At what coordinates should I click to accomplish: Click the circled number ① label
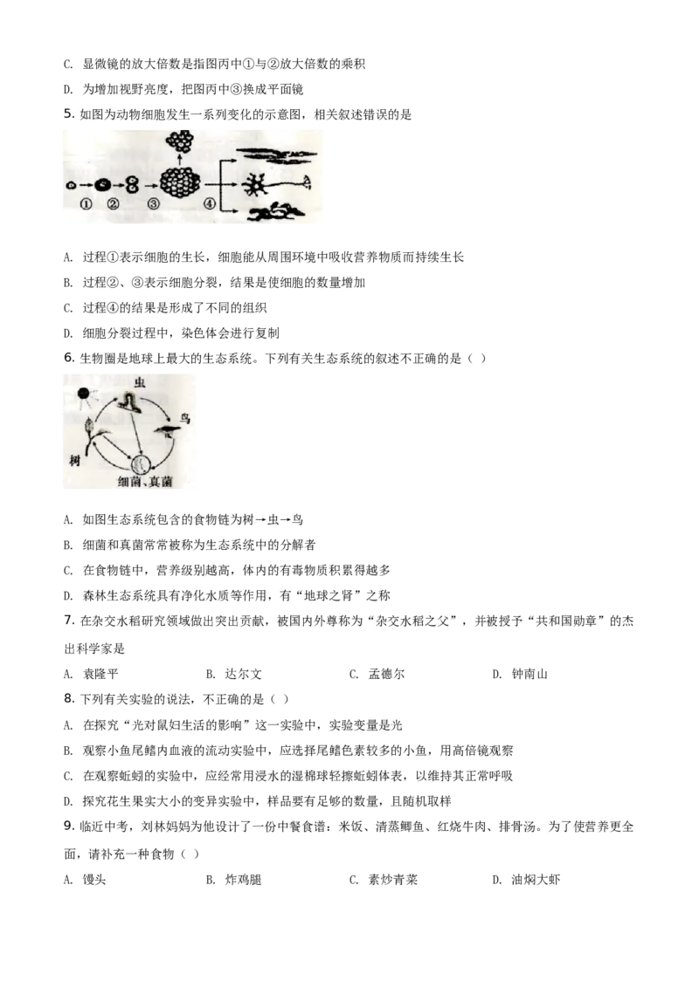coord(85,205)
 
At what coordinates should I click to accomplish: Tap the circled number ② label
coord(113,205)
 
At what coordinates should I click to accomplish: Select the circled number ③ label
coord(154,205)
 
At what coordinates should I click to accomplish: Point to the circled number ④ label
coord(209,205)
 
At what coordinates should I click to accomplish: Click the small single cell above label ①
coord(71,185)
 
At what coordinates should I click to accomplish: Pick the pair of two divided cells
coord(133,185)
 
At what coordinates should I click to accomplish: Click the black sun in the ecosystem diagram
coord(84,395)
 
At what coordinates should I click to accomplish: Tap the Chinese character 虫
coord(139,383)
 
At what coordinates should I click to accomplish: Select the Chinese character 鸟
coord(184,419)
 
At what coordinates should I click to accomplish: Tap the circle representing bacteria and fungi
coord(142,463)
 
